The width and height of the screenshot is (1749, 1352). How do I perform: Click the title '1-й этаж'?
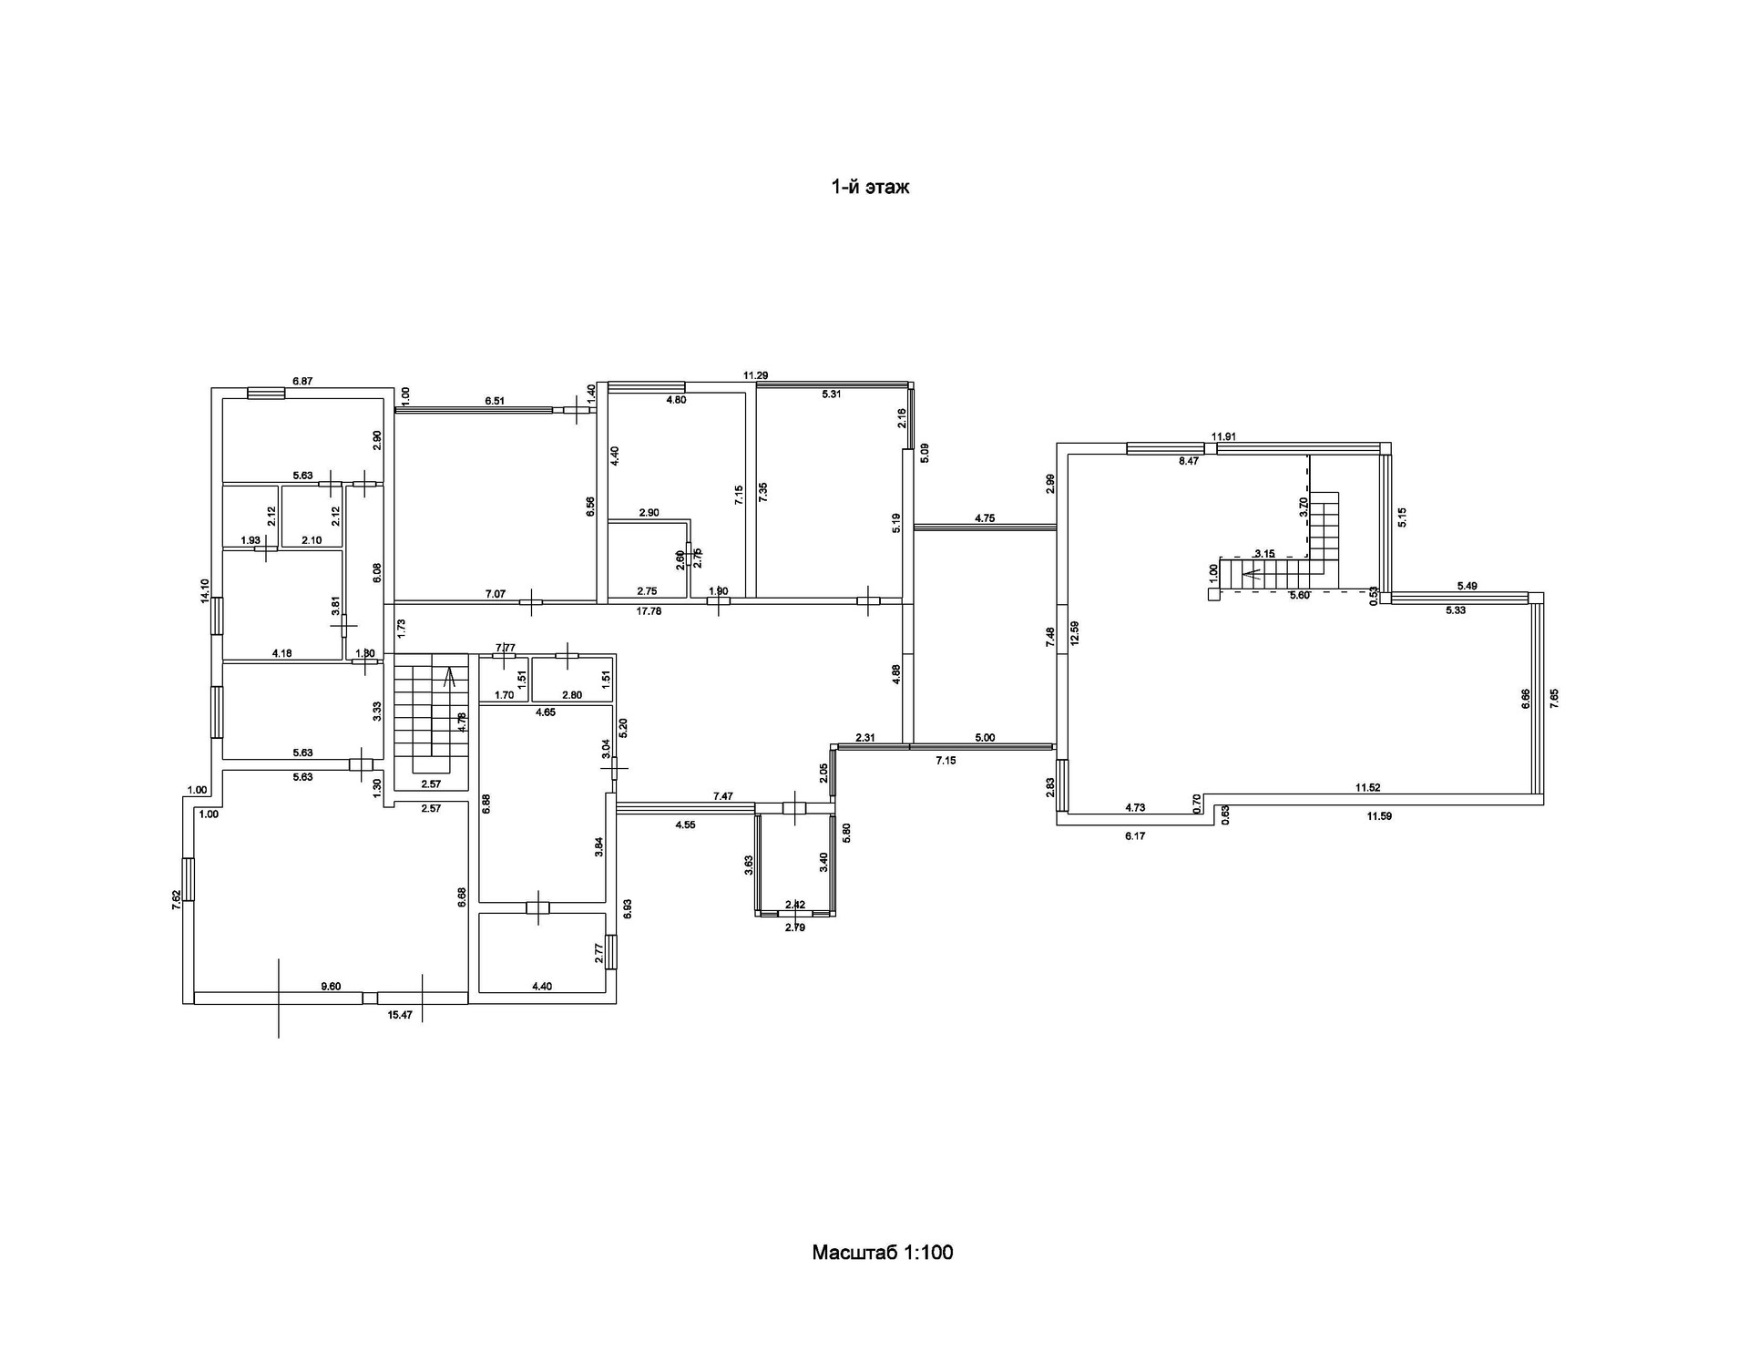[x=870, y=188]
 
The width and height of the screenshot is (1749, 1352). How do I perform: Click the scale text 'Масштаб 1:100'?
[x=882, y=1252]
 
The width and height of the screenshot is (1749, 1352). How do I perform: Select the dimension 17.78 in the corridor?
[x=649, y=611]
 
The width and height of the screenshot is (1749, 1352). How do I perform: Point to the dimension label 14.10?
[x=205, y=591]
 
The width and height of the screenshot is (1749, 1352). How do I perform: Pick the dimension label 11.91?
[x=1222, y=436]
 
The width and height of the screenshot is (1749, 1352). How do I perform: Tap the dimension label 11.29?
[x=755, y=375]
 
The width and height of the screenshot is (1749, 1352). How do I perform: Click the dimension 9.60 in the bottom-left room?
[x=331, y=986]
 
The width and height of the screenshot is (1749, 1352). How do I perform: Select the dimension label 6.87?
[x=302, y=382]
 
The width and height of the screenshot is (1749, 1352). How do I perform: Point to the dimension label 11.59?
[x=1379, y=816]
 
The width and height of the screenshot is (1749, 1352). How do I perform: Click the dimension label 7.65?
[x=1555, y=700]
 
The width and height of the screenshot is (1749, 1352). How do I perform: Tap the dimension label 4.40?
[x=541, y=986]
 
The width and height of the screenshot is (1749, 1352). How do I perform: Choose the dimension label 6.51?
[x=495, y=401]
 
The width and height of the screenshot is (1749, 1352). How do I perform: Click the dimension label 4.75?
[x=985, y=518]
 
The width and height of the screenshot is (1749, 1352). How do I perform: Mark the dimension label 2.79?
[x=795, y=927]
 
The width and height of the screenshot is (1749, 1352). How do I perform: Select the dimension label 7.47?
[x=722, y=796]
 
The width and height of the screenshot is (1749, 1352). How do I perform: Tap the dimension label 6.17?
[x=1134, y=835]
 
